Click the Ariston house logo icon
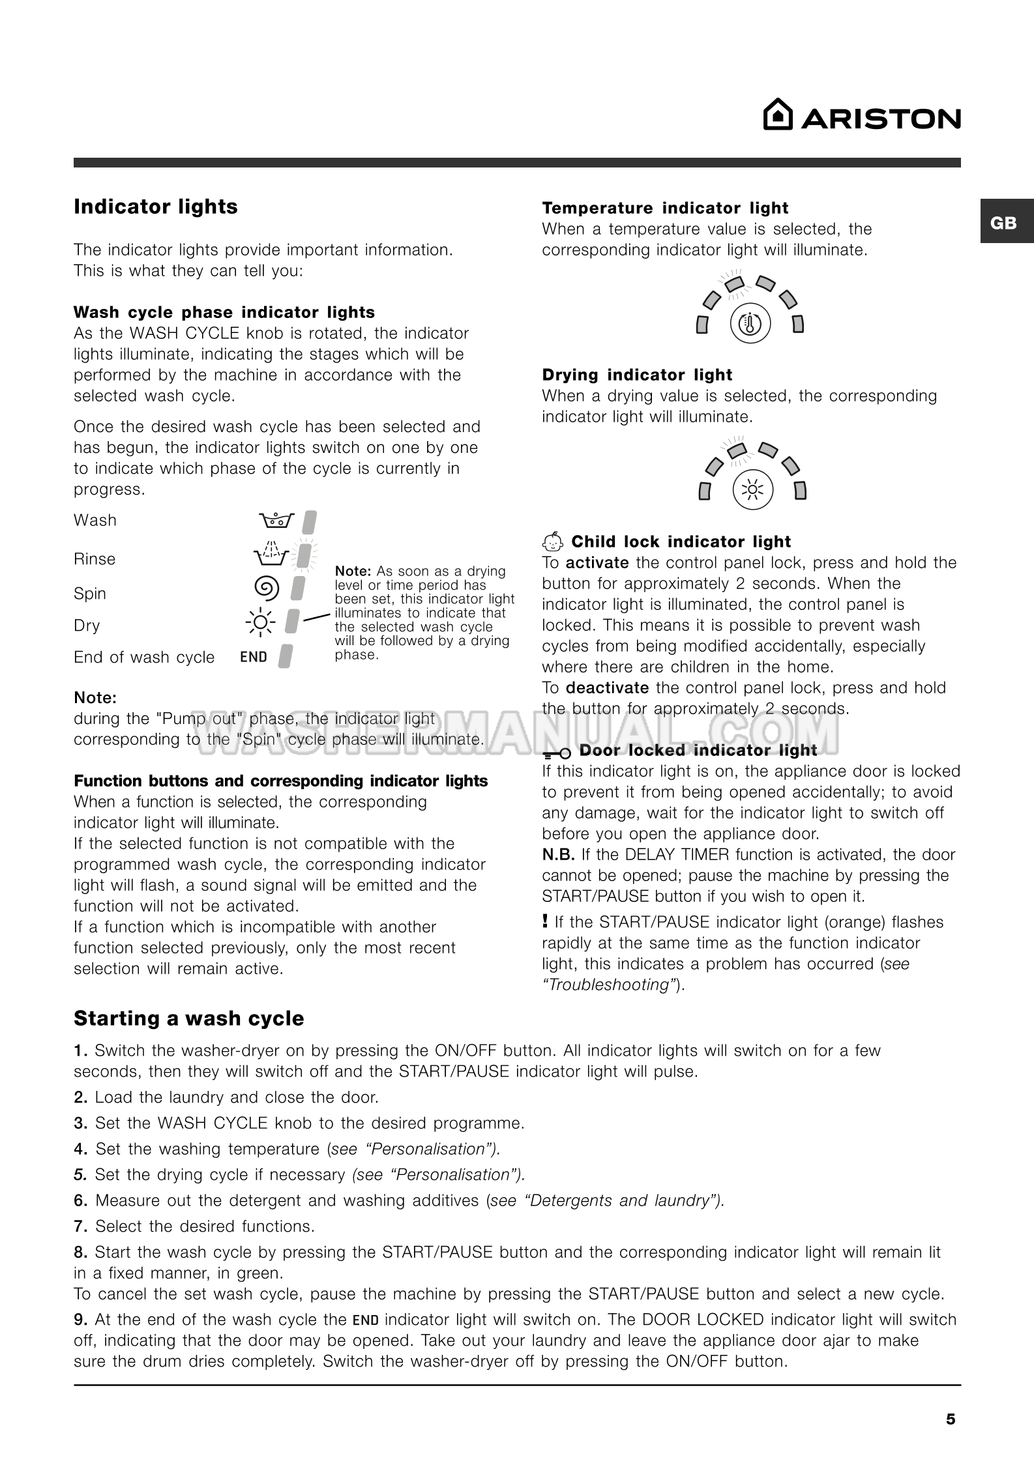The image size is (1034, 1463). click(x=778, y=115)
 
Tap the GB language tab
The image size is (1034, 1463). click(x=1003, y=223)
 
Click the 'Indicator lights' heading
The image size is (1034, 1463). click(x=155, y=207)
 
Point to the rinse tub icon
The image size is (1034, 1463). click(x=271, y=554)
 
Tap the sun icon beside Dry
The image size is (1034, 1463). click(x=260, y=622)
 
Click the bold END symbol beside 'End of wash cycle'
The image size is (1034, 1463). click(x=254, y=657)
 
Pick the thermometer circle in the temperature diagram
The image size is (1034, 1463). click(x=750, y=323)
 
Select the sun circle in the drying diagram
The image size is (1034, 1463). click(x=752, y=489)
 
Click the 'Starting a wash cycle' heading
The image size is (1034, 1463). click(x=188, y=1018)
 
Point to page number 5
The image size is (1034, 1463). click(x=951, y=1419)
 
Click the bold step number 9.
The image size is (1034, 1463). click(x=80, y=1320)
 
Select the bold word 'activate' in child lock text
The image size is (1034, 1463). click(x=597, y=562)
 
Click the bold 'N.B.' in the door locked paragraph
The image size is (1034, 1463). click(x=558, y=854)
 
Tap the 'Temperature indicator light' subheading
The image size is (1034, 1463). click(x=665, y=208)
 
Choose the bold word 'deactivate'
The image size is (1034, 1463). click(x=607, y=688)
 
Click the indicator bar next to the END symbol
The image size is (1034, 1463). click(x=285, y=656)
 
